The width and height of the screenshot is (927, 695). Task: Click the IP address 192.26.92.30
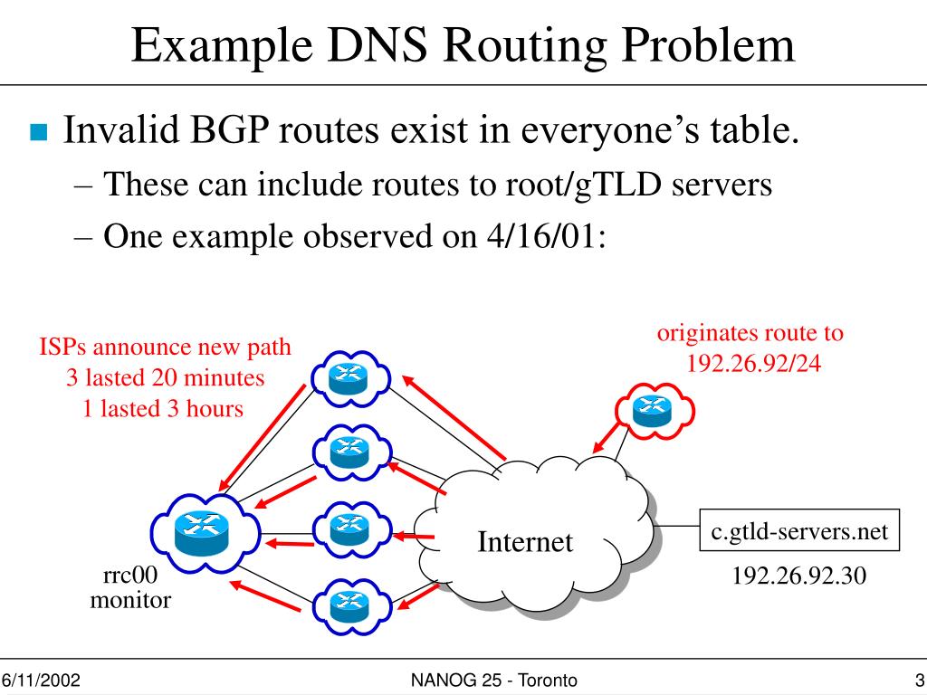tap(799, 576)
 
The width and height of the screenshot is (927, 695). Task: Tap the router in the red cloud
tap(649, 411)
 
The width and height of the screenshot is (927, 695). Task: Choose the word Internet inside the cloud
tap(525, 542)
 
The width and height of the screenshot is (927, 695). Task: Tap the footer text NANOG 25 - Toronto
tap(494, 681)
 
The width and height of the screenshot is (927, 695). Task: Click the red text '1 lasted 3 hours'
tap(163, 408)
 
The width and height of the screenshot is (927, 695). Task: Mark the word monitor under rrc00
tap(129, 599)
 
